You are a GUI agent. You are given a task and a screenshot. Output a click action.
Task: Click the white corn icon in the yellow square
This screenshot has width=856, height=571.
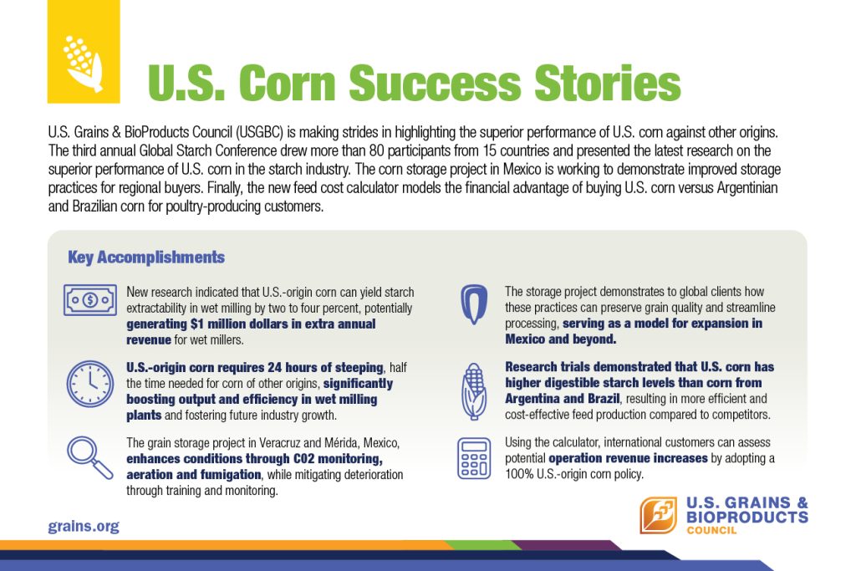tap(83, 64)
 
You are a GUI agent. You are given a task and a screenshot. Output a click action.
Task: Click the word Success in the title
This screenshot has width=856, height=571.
tap(434, 83)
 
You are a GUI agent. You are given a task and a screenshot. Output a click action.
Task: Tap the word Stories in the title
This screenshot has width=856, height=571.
tap(608, 83)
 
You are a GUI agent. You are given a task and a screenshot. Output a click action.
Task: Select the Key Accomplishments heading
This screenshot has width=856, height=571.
tap(146, 257)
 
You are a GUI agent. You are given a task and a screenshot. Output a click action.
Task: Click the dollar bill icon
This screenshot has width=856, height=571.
tap(90, 299)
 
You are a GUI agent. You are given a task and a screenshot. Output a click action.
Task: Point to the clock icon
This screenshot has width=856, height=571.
tap(90, 384)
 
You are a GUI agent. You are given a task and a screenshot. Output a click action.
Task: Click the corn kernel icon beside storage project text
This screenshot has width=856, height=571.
tap(474, 304)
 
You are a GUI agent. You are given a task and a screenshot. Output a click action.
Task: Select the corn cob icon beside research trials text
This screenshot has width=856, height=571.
tap(474, 391)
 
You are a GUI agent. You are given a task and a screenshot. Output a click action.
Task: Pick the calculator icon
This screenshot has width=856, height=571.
tap(474, 458)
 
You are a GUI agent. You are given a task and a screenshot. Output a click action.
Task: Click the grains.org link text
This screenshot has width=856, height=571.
tap(84, 527)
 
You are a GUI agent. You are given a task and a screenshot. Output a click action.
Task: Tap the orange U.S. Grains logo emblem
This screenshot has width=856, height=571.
tap(659, 515)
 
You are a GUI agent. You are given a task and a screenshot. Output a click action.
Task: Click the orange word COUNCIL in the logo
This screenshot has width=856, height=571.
tap(712, 530)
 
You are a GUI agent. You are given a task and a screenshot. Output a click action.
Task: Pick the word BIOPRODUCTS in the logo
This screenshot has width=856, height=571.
tap(747, 517)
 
